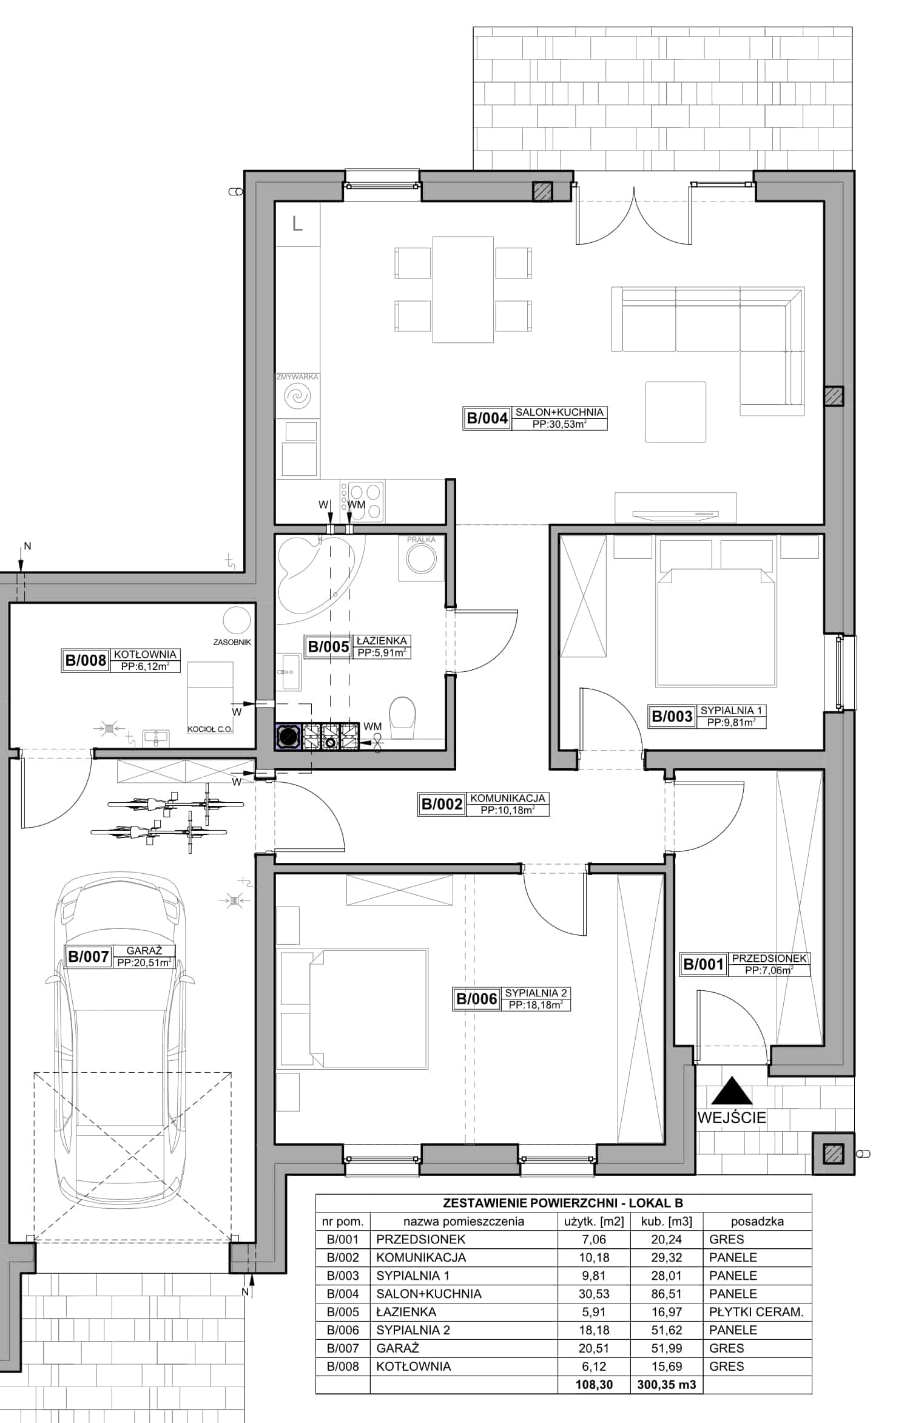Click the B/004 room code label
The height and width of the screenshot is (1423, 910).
(x=487, y=418)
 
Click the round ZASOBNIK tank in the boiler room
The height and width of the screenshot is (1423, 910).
(x=237, y=620)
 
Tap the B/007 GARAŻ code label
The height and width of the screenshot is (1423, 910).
(x=89, y=957)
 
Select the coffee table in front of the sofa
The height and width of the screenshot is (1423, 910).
(x=675, y=412)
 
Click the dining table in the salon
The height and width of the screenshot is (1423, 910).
(x=462, y=289)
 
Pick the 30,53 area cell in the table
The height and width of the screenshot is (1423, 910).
(x=594, y=1294)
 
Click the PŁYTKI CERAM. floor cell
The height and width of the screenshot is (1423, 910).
(x=756, y=1312)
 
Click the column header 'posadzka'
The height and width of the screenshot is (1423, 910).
(x=757, y=1222)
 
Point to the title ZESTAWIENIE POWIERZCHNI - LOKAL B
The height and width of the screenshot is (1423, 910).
(x=562, y=1203)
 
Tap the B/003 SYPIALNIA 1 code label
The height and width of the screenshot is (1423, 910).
(x=672, y=717)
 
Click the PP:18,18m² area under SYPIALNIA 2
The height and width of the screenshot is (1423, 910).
(x=536, y=1006)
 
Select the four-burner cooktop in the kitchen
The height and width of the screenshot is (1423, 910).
(x=365, y=502)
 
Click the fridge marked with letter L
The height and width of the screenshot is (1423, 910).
(x=297, y=224)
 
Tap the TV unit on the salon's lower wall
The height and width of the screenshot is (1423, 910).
(x=675, y=507)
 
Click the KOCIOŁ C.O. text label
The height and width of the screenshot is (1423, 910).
(x=210, y=729)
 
